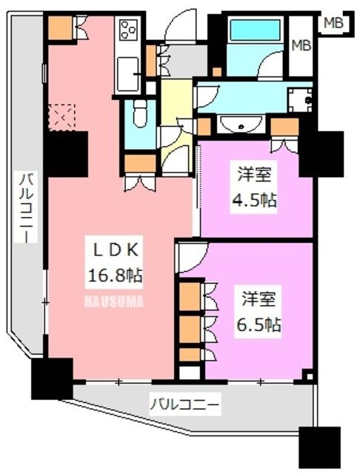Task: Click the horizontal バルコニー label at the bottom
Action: pyautogui.click(x=185, y=404)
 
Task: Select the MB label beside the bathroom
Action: pyautogui.click(x=301, y=46)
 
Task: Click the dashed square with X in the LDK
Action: pyautogui.click(x=59, y=116)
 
